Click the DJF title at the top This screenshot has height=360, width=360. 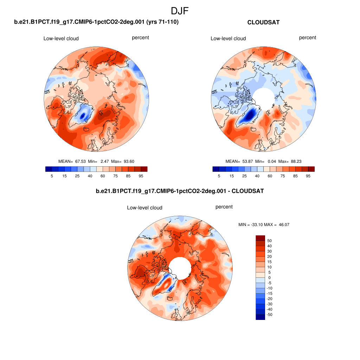pos(180,11)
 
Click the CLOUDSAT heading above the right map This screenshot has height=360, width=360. pos(263,22)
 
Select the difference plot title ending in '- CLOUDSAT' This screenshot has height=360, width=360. pos(180,191)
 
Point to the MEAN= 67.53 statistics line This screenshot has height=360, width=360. pos(96,161)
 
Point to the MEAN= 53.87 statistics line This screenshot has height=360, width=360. pos(263,161)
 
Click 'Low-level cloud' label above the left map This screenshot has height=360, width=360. pos(61,38)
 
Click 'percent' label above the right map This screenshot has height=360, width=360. pos(308,38)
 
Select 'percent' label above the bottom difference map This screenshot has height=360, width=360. pos(224,207)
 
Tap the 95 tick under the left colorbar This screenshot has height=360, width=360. pos(141,176)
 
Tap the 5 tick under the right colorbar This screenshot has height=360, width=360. pos(219,176)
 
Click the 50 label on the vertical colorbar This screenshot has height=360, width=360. pos(270,241)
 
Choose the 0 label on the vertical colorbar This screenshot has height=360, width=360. pos(270,278)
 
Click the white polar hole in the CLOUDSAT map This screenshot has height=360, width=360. pos(263,97)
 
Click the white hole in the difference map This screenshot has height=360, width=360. pos(180,268)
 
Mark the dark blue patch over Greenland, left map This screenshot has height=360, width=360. pos(83,115)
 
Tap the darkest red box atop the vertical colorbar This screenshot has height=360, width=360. pos(260,238)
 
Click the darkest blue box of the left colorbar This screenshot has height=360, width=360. pos(49,169)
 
